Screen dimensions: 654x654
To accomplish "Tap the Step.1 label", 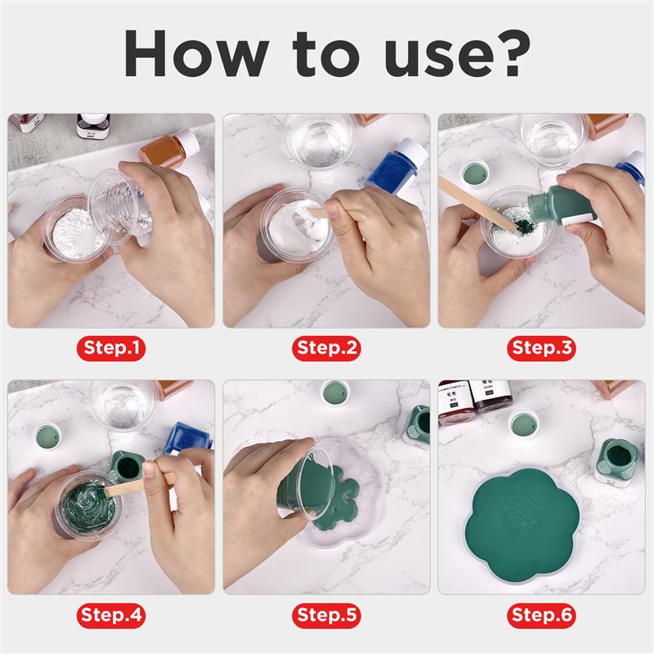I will click(x=112, y=348).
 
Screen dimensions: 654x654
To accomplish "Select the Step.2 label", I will click(x=327, y=348).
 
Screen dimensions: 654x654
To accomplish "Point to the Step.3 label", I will click(x=542, y=348).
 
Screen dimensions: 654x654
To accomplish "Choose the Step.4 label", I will click(x=112, y=614).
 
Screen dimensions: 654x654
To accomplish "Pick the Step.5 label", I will click(x=327, y=614).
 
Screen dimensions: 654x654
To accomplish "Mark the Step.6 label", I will click(x=542, y=614).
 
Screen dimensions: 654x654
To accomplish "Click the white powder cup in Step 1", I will click(x=75, y=226).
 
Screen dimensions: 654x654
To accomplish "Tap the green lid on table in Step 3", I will click(x=474, y=172).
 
